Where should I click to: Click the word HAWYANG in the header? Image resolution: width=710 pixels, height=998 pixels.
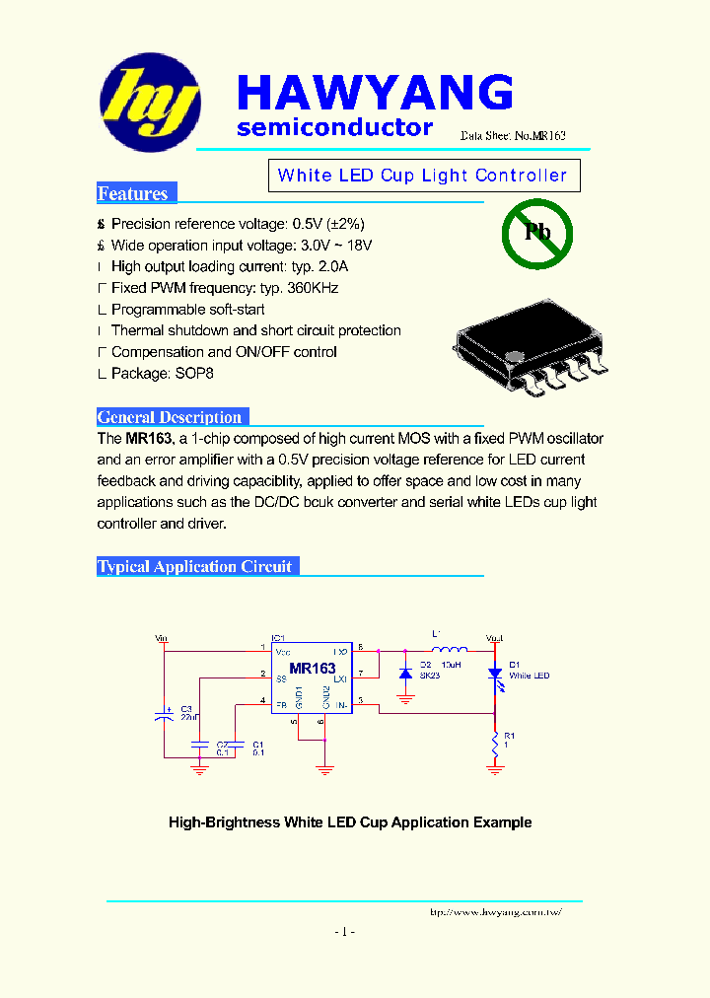(375, 94)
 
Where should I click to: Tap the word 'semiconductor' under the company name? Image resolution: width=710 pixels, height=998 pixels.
(335, 127)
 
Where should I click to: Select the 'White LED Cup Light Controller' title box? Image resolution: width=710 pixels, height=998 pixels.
(424, 176)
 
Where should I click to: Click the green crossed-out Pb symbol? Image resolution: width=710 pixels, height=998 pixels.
(537, 233)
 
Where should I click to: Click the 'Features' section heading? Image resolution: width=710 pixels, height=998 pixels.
(133, 193)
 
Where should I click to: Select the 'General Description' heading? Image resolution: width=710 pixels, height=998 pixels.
(170, 417)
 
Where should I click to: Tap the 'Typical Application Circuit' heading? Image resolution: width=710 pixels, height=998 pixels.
(195, 566)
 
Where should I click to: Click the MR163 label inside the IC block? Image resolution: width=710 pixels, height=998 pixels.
(313, 669)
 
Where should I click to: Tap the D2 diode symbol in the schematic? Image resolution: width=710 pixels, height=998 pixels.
(404, 674)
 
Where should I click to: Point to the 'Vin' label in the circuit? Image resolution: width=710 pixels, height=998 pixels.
(163, 639)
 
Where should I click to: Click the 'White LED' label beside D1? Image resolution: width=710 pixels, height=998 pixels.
(530, 676)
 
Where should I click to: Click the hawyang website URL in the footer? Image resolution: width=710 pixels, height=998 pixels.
(496, 912)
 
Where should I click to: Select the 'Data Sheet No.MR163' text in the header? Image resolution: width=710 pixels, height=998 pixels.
(513, 136)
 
